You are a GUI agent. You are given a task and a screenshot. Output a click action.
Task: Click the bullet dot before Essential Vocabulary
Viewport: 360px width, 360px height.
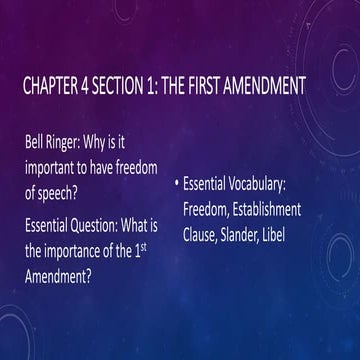click(x=176, y=183)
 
